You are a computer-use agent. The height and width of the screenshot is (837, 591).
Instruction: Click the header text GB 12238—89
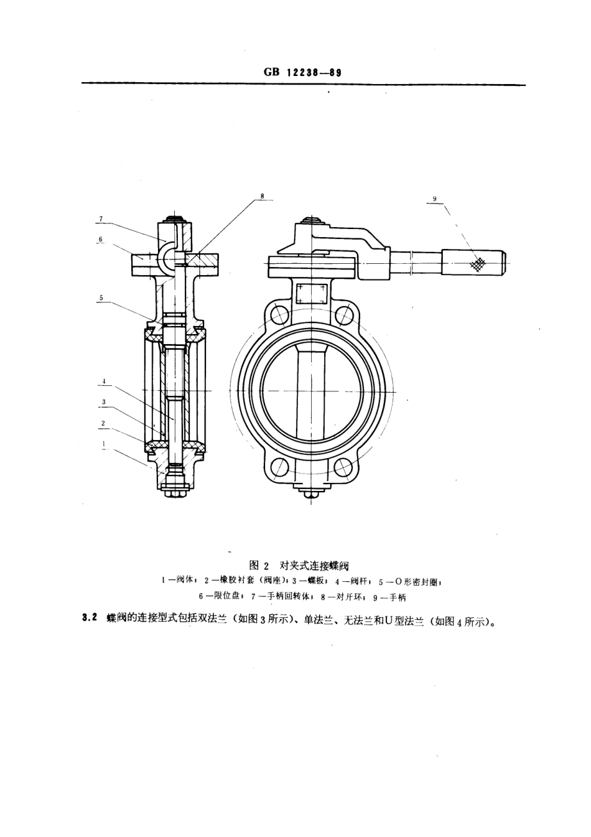coord(302,72)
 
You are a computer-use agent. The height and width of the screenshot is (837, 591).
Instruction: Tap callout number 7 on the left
coord(101,219)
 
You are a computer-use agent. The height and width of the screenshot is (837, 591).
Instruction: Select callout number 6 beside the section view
coord(101,239)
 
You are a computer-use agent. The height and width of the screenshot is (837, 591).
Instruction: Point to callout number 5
coord(101,298)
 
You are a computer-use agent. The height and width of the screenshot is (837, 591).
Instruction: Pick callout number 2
coord(104,423)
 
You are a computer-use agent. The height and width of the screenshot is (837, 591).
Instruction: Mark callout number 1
coord(104,444)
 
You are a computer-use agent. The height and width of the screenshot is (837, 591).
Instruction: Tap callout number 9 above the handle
coord(435,199)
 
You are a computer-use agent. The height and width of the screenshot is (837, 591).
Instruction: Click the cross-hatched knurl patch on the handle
coord(477,263)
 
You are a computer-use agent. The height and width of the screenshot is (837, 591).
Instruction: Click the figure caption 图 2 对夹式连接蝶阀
coord(299,566)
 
